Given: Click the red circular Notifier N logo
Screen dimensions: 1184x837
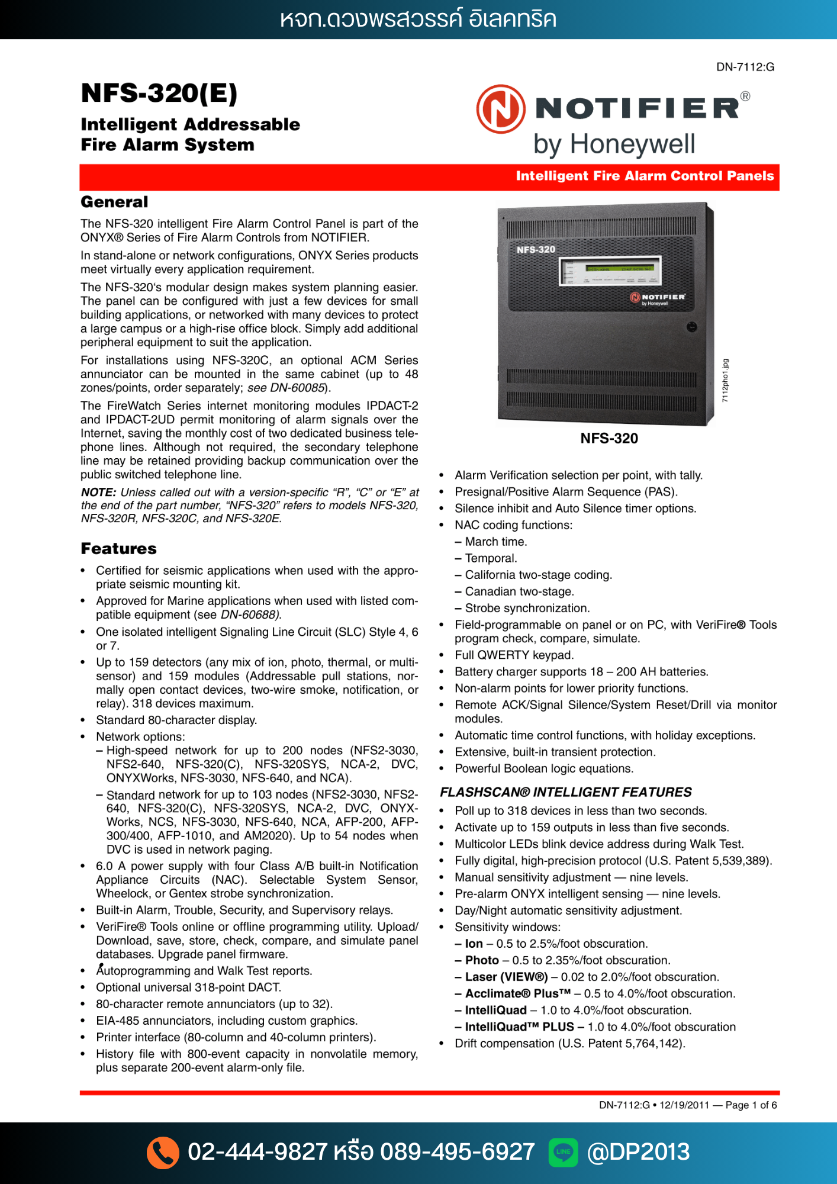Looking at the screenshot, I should [x=501, y=109].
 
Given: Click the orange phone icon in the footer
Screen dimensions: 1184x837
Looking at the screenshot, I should [x=163, y=1152].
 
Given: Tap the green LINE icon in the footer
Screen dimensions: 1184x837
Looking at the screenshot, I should [x=563, y=1152].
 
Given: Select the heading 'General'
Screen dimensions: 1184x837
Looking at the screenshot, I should [x=114, y=202].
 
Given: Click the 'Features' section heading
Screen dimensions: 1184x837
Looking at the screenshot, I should [x=118, y=549].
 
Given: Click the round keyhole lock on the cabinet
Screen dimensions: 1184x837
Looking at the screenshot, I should [x=691, y=327].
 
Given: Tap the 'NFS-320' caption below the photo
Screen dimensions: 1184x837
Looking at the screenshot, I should [x=609, y=439].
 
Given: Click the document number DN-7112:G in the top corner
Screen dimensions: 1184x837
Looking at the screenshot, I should [x=745, y=67].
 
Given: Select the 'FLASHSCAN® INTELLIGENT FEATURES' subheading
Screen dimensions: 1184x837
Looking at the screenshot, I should [x=565, y=792].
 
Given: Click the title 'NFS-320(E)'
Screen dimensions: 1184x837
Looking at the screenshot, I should [x=159, y=94].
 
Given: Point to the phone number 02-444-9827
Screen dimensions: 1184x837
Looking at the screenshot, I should [x=257, y=1152].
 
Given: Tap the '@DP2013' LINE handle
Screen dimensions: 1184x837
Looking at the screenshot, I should [x=638, y=1152].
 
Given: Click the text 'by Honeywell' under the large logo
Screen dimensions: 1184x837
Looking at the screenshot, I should [x=614, y=144].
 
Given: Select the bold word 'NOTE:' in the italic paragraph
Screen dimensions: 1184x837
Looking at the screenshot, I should [x=98, y=493].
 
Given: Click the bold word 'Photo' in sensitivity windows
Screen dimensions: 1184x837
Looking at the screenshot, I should [x=482, y=960].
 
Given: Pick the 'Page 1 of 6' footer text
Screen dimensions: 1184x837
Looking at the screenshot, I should [x=751, y=1105].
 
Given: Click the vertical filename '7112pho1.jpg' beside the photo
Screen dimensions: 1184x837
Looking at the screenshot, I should [x=726, y=381].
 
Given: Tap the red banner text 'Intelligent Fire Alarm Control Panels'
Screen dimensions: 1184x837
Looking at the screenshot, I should [x=645, y=176].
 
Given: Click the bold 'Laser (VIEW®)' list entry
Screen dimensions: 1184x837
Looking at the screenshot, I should [x=506, y=977].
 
